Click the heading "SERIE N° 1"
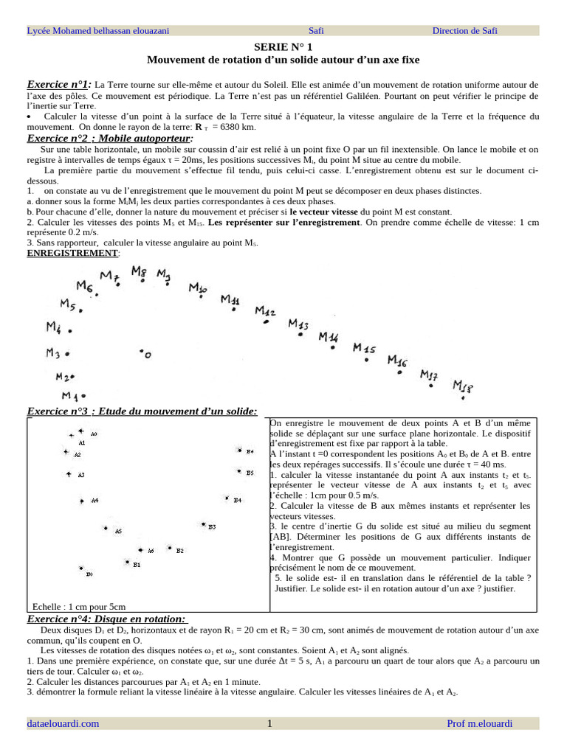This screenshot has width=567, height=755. tap(283, 46)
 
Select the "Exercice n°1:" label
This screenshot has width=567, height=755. tap(59, 85)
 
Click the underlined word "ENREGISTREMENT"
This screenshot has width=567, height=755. tap(72, 253)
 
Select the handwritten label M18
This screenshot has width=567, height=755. tap(462, 386)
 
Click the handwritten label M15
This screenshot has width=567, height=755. tap(363, 348)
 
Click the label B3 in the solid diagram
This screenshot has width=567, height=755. tap(212, 526)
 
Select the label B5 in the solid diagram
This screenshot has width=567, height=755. tap(250, 473)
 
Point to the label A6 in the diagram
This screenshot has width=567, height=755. tap(151, 551)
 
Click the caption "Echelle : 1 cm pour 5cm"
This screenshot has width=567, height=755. tap(74, 607)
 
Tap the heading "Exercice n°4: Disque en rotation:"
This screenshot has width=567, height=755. tap(107, 619)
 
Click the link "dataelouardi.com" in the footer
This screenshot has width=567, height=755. tap(63, 723)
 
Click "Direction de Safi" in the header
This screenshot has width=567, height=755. tap(464, 30)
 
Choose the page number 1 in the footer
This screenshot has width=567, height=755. tap(270, 723)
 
